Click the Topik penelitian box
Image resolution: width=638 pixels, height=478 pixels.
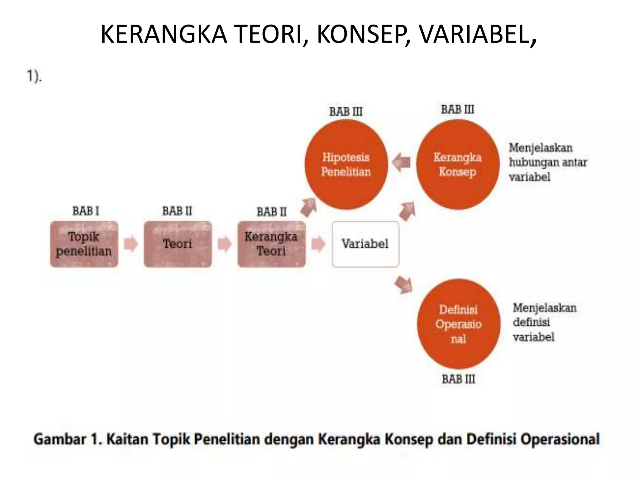pyautogui.click(x=84, y=244)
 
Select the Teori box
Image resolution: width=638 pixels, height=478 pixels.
pyautogui.click(x=178, y=244)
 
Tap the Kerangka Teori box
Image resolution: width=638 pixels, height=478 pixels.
pyautogui.click(x=271, y=244)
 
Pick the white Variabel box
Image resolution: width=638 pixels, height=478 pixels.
pyautogui.click(x=365, y=244)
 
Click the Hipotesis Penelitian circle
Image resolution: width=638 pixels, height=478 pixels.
pyautogui.click(x=346, y=164)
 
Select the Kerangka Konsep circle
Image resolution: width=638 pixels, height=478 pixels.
pyautogui.click(x=458, y=164)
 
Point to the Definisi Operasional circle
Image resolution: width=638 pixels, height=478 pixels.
pyautogui.click(x=459, y=324)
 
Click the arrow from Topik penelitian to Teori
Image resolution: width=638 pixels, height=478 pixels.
pyautogui.click(x=131, y=244)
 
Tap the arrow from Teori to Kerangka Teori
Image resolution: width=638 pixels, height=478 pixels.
pyautogui.click(x=225, y=244)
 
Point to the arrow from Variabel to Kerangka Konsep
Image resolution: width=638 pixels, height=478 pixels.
pyautogui.click(x=407, y=211)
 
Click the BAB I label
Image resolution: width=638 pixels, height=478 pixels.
pyautogui.click(x=86, y=211)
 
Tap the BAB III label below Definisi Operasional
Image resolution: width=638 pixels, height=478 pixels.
pyautogui.click(x=459, y=379)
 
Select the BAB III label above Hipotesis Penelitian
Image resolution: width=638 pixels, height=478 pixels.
pyautogui.click(x=346, y=112)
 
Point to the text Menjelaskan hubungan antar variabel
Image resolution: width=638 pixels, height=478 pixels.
pyautogui.click(x=548, y=162)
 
